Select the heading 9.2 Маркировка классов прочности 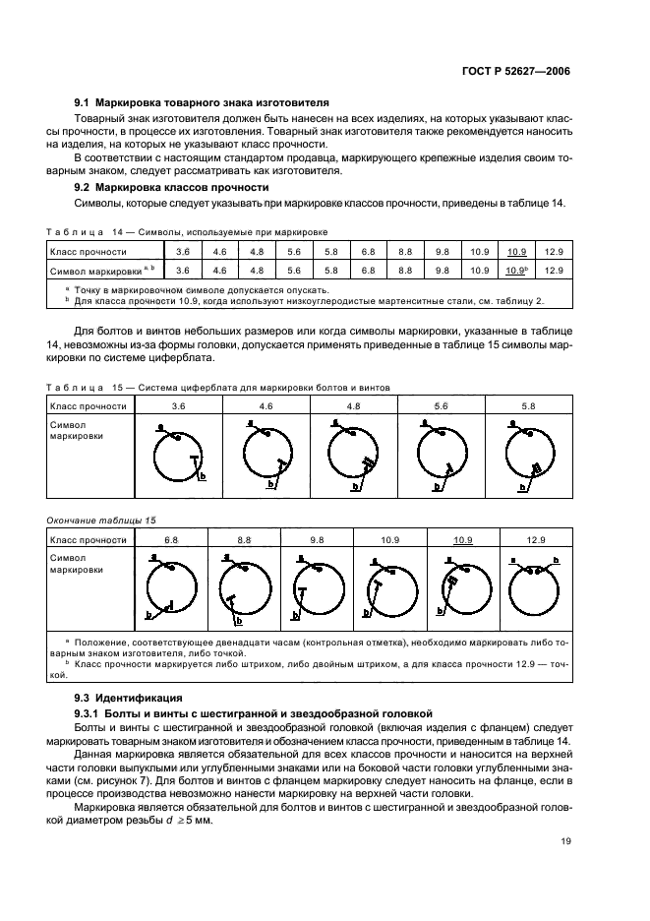[x=165, y=187]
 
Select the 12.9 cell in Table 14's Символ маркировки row [x=554, y=270]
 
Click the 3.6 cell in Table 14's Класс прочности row [x=182, y=252]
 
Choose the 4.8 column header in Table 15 [x=353, y=405]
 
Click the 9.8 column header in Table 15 [x=317, y=539]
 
